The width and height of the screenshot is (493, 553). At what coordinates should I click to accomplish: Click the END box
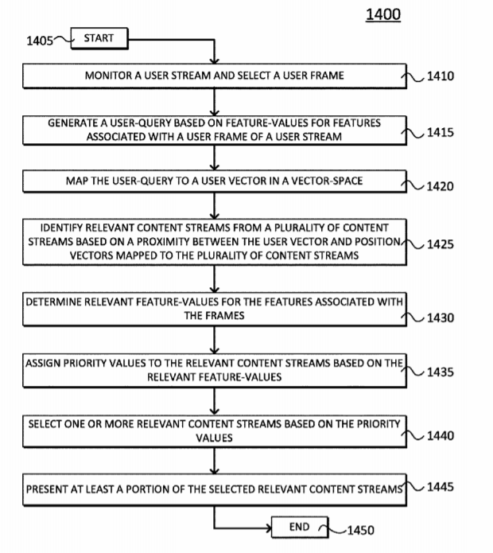tap(299, 527)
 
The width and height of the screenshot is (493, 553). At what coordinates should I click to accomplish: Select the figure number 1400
tap(383, 14)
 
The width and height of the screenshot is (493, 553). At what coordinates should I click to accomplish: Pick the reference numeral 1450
tap(355, 531)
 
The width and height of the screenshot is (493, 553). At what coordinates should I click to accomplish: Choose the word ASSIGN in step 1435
tap(44, 363)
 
